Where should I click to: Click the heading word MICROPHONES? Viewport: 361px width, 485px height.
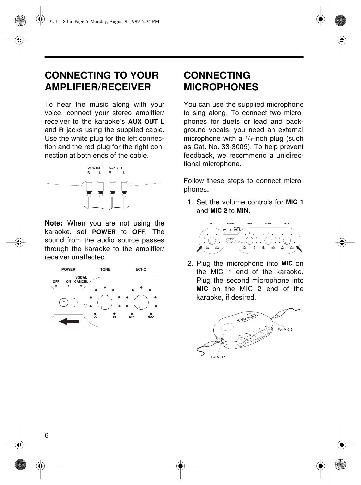pos(221,87)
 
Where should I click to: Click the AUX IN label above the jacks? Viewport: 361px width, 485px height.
pos(94,168)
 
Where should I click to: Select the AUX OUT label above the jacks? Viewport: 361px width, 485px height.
pos(116,168)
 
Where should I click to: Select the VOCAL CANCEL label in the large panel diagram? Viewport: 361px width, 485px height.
pos(81,280)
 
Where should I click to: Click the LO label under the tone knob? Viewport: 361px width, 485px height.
pos(95,317)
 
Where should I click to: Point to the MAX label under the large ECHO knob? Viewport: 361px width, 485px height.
pos(151,317)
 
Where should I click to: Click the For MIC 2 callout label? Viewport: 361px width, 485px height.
pos(285,329)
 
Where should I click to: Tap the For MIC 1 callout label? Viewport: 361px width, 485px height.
pos(218,357)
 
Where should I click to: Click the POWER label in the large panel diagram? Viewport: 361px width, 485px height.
pos(68,269)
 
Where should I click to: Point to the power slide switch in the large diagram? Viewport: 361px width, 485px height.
pos(68,302)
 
